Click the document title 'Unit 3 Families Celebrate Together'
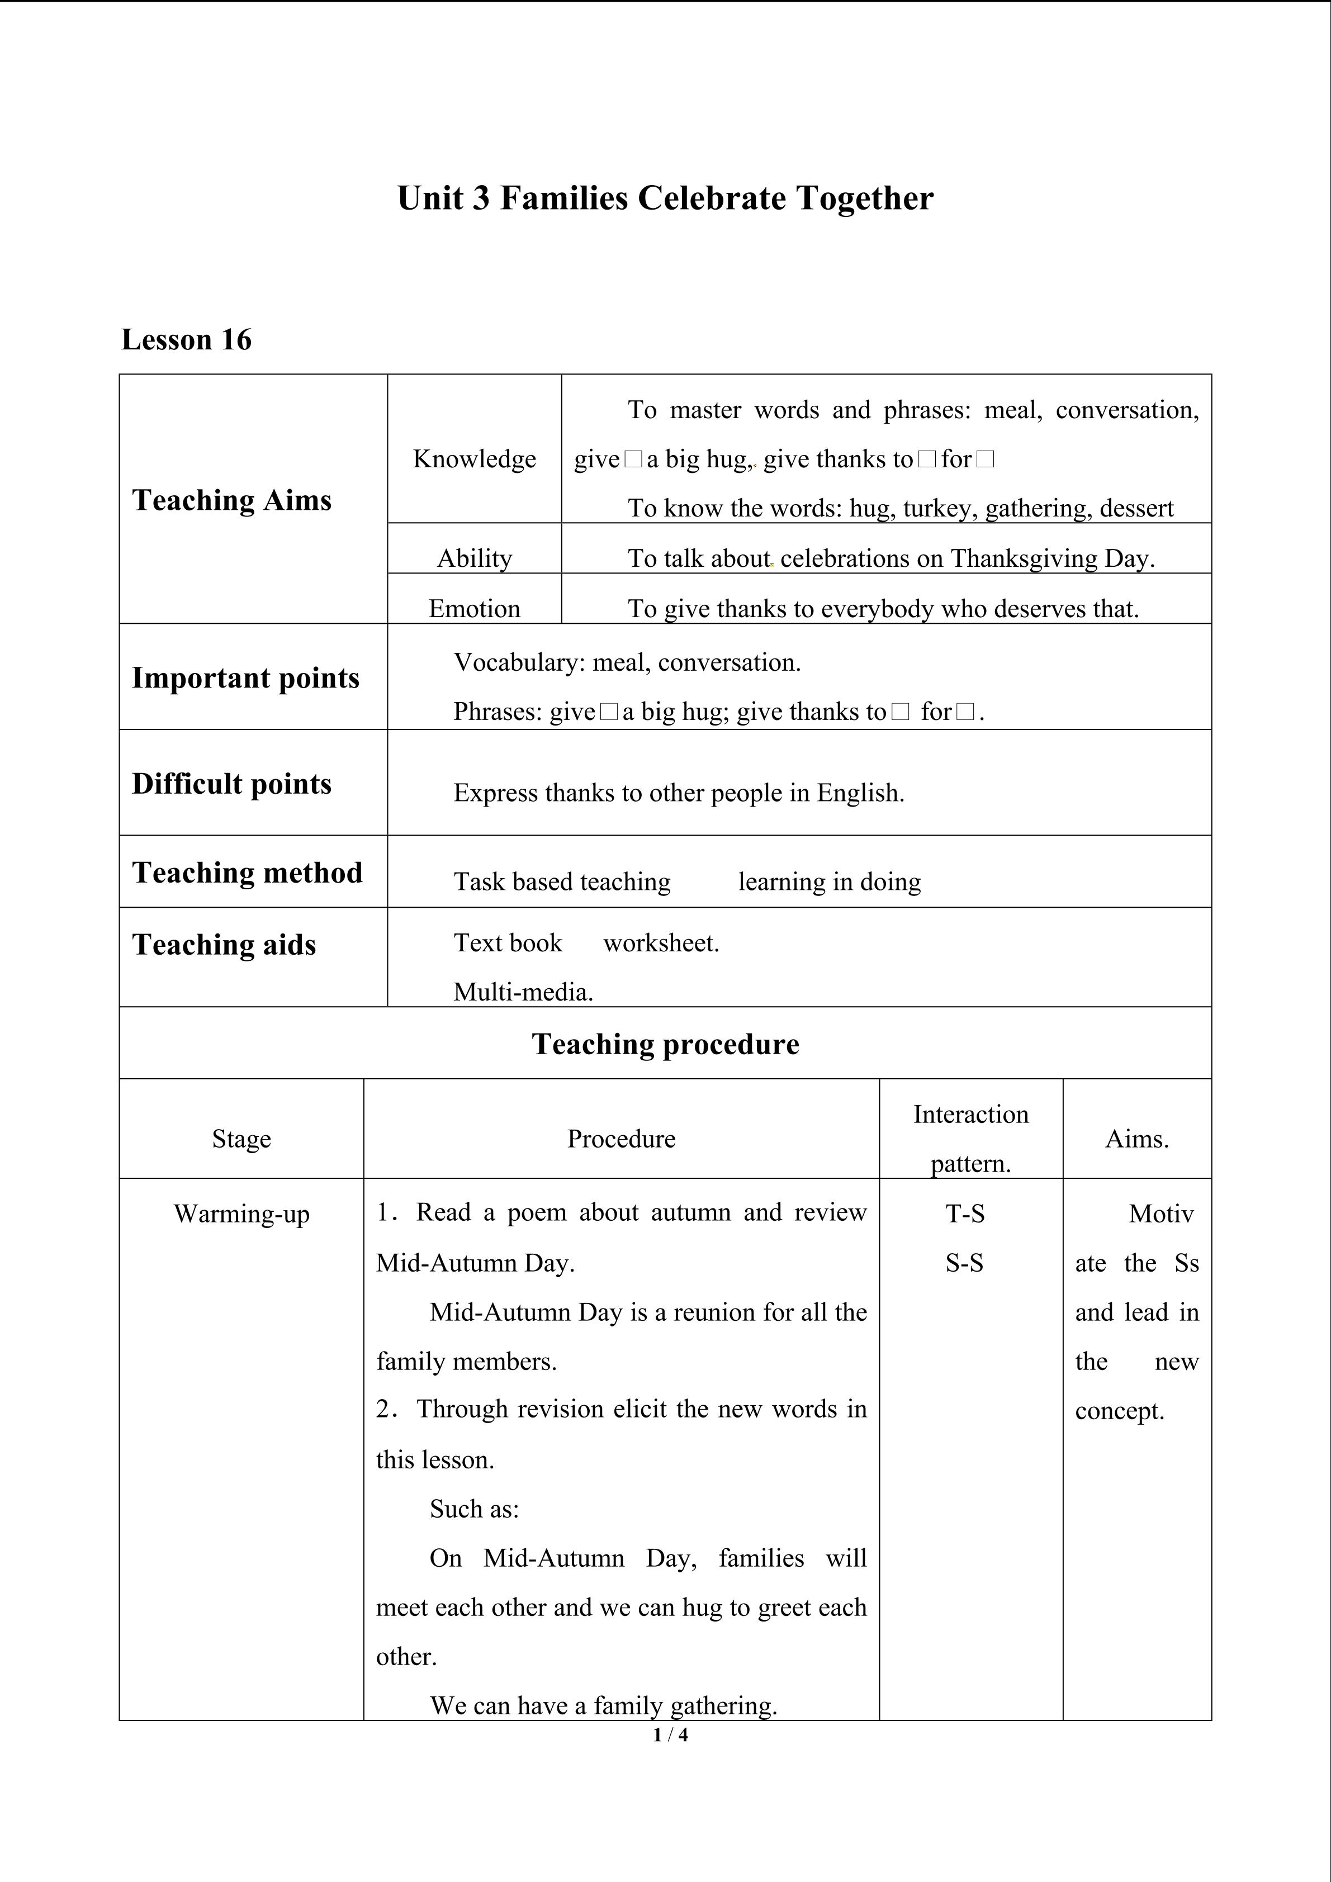[x=665, y=198]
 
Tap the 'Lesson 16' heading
[x=186, y=339]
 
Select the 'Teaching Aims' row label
[x=232, y=500]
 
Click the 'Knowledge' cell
[x=475, y=459]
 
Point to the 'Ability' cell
[x=475, y=558]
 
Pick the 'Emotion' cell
[x=475, y=608]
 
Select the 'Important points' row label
[x=246, y=678]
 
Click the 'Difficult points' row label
[x=232, y=784]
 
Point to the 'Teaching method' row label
[x=248, y=872]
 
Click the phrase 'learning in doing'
[x=830, y=882]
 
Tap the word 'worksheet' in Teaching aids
[x=660, y=944]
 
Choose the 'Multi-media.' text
[x=523, y=993]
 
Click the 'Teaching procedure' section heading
[x=665, y=1044]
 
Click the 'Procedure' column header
[x=621, y=1139]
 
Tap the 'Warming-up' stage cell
[x=242, y=1214]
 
